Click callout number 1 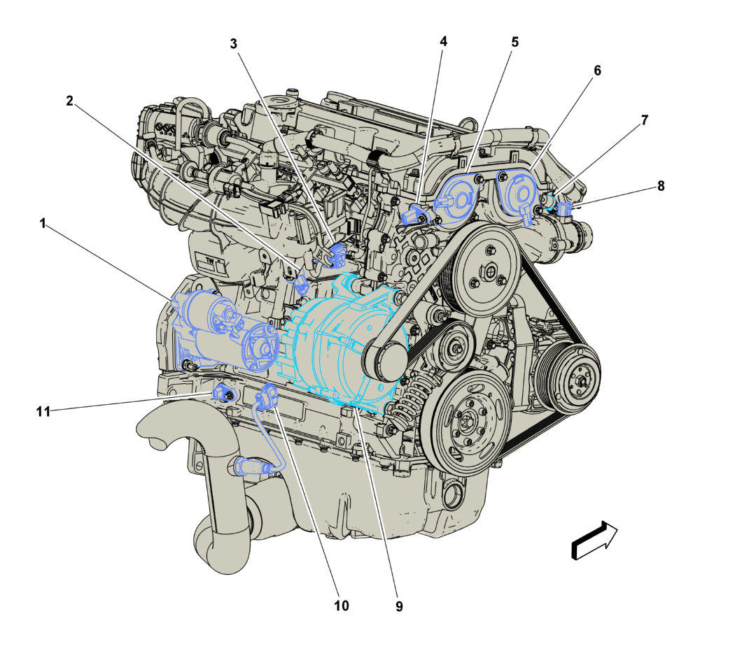(x=43, y=223)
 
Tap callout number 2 (x=69, y=101)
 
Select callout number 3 (x=233, y=43)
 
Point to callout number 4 (x=443, y=41)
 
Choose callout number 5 (x=514, y=42)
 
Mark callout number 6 (x=597, y=71)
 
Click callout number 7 (x=645, y=120)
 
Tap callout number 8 (x=661, y=186)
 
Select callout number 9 (x=399, y=606)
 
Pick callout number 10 (x=342, y=606)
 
